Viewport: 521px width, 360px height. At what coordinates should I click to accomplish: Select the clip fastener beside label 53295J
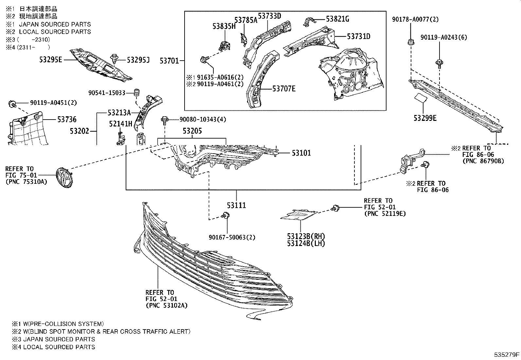(115, 59)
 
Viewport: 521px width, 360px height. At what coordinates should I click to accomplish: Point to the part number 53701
(169, 61)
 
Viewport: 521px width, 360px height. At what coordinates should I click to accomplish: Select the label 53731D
(359, 36)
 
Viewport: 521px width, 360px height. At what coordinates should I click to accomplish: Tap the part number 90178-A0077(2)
(415, 20)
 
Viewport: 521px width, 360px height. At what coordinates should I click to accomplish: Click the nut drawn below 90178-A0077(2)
(410, 42)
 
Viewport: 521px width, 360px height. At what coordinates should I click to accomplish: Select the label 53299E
(425, 118)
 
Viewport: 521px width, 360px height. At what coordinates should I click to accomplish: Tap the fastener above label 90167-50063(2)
(225, 216)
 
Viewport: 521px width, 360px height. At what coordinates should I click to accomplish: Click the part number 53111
(237, 205)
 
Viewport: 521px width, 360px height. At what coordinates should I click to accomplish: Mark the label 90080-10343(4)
(203, 119)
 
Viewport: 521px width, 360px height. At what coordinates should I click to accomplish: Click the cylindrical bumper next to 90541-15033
(137, 93)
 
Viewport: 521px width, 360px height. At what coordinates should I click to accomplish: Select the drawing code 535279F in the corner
(507, 355)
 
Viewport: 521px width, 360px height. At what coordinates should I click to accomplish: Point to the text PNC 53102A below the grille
(167, 305)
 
